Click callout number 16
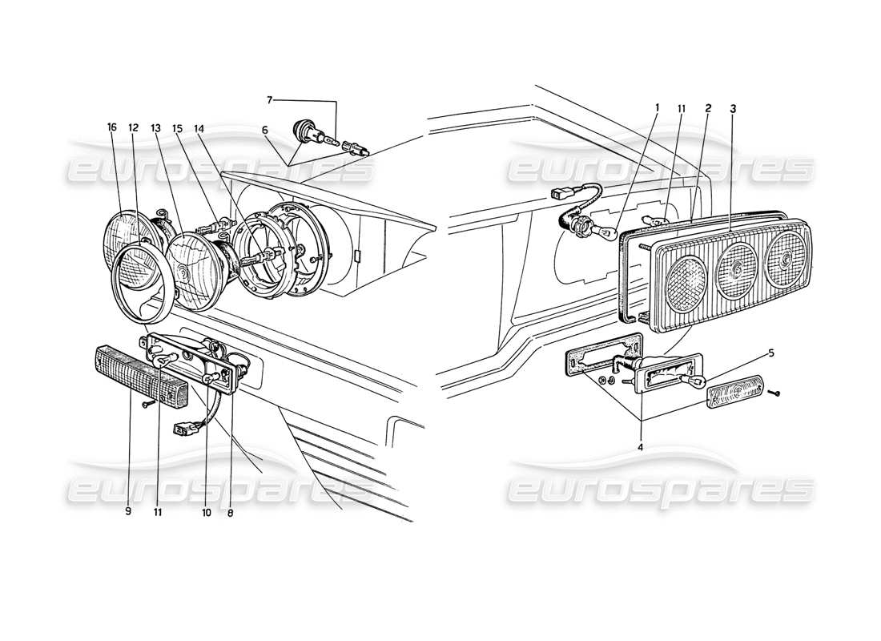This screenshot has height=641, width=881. click(x=111, y=127)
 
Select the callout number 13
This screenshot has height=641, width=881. click(x=155, y=127)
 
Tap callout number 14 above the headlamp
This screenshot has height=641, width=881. click(x=199, y=127)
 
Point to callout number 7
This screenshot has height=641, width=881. click(x=270, y=100)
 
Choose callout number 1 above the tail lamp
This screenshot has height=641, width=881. click(x=656, y=107)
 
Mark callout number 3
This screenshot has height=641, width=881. click(x=733, y=107)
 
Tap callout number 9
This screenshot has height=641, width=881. click(x=127, y=510)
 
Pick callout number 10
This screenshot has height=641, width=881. click(x=206, y=510)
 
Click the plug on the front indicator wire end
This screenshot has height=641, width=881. click(x=183, y=429)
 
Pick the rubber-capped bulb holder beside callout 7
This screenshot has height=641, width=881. click(x=305, y=130)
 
